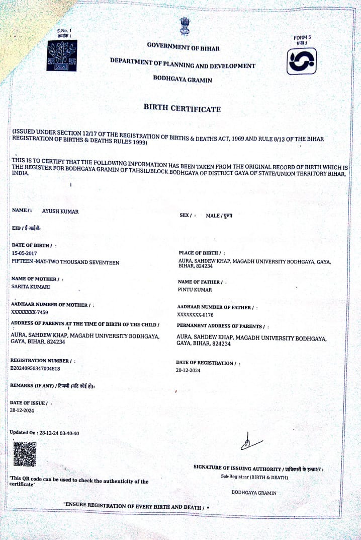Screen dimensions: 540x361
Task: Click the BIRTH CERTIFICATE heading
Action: point(182,108)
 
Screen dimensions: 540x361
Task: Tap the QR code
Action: point(24,453)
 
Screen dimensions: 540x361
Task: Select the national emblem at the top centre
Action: point(184,26)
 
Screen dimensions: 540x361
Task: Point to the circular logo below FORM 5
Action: point(301,61)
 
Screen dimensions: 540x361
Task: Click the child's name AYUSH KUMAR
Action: point(60,212)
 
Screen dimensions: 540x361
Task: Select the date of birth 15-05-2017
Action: point(24,253)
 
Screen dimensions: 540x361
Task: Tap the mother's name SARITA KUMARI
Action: point(31,287)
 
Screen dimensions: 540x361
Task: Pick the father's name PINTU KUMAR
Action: point(195,290)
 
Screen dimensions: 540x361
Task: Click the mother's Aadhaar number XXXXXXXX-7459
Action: point(29,312)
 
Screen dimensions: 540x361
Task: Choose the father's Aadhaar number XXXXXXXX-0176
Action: point(196,315)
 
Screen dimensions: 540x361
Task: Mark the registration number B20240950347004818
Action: point(35,368)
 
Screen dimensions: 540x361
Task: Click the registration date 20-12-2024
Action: point(188,370)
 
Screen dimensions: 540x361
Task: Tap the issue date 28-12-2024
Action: point(22,411)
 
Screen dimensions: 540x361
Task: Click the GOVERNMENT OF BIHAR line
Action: point(183,46)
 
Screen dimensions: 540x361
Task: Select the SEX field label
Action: point(187,216)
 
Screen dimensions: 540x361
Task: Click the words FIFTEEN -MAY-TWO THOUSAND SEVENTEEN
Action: point(65,262)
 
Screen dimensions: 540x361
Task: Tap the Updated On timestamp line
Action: point(44,433)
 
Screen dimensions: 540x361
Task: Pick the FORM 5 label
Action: point(302,38)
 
